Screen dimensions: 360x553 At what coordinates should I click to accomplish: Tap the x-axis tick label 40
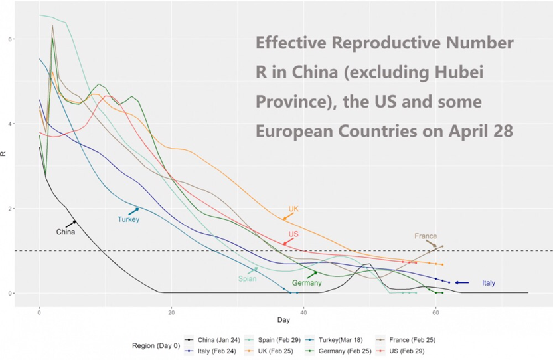tap(303, 311)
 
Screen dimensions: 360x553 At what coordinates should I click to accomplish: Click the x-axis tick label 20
tap(171, 311)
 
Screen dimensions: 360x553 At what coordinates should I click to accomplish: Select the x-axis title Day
tap(284, 321)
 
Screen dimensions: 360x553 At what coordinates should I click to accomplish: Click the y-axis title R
tap(5, 154)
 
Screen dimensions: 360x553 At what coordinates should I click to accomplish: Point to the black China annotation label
tap(65, 232)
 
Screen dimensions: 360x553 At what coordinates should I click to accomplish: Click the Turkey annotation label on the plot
tap(128, 219)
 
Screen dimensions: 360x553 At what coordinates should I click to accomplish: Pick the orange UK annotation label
tap(293, 209)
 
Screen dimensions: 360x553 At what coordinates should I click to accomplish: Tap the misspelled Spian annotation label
tap(247, 279)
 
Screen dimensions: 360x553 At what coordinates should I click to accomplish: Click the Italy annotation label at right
tap(488, 283)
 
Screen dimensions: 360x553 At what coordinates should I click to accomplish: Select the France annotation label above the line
tap(426, 236)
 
